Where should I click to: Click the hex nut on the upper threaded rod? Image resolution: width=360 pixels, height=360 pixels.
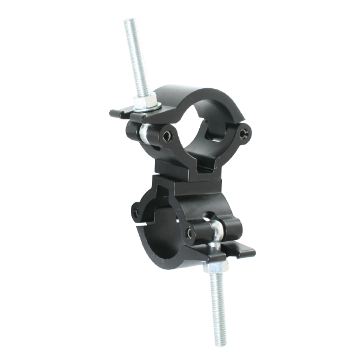click(145, 103)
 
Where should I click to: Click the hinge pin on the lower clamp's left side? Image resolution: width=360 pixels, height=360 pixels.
click(136, 212)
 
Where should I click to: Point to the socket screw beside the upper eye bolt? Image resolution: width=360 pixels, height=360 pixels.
click(167, 136)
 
